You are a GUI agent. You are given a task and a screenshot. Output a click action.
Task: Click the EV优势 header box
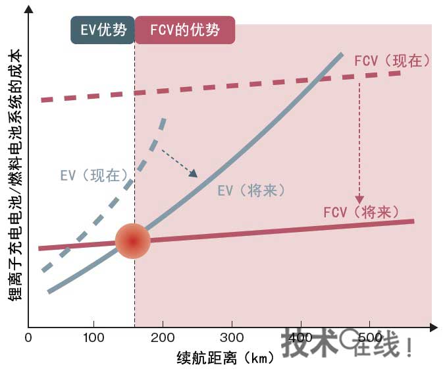102,30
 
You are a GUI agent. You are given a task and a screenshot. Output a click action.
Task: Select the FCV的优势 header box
184,30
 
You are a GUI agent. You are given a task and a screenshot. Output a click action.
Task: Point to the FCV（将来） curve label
361,212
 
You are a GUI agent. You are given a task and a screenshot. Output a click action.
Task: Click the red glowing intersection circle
133,241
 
